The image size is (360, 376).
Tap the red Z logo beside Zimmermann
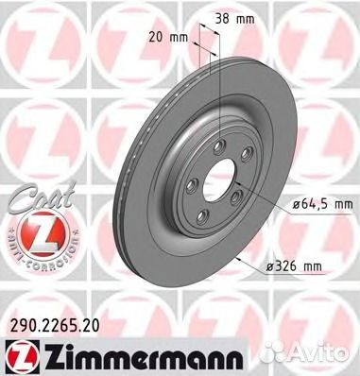point(17,352)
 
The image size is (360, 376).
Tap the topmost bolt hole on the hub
point(217,145)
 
